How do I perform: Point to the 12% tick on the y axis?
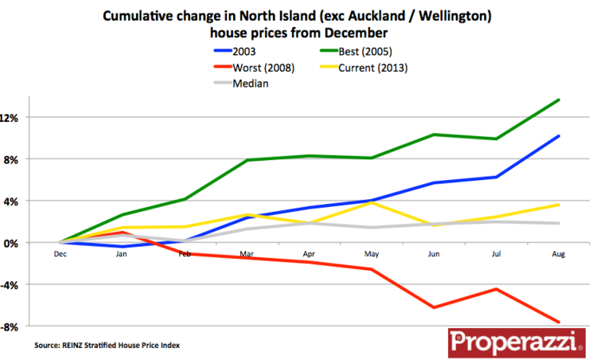pos(18,117)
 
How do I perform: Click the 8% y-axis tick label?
pos(20,159)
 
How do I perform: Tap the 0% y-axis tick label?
pos(20,243)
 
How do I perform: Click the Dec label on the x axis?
pos(60,255)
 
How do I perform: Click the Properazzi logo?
pos(515,342)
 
